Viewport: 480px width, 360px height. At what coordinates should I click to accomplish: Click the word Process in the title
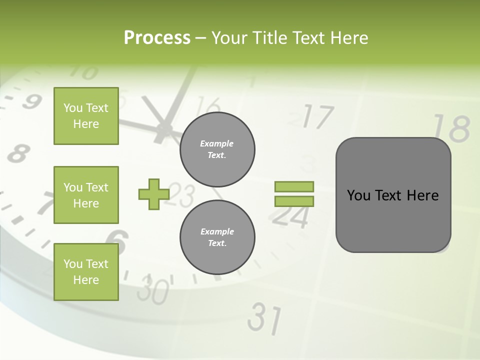tap(157, 37)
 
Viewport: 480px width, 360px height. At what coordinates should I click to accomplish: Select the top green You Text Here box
tap(86, 116)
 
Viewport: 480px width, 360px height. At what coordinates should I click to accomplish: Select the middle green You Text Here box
tap(86, 195)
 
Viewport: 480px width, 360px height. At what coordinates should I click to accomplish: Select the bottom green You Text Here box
tap(86, 272)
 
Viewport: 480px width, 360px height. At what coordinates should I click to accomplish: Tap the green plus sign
tap(154, 194)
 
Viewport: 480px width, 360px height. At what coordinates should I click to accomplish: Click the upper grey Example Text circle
tap(217, 149)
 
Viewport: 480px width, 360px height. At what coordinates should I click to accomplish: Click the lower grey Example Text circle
tap(217, 237)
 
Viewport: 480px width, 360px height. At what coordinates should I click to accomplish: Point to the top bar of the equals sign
tap(294, 186)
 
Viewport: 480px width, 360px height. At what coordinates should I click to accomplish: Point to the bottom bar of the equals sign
tap(294, 201)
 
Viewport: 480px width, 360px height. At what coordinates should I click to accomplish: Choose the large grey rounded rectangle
tap(393, 195)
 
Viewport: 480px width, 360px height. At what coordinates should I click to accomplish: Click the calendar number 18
tap(451, 129)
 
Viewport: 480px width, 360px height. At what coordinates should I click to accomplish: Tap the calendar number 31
tap(265, 318)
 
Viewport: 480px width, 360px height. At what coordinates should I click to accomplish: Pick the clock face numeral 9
tap(31, 101)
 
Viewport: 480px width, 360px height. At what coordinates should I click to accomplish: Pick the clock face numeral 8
tap(18, 152)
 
